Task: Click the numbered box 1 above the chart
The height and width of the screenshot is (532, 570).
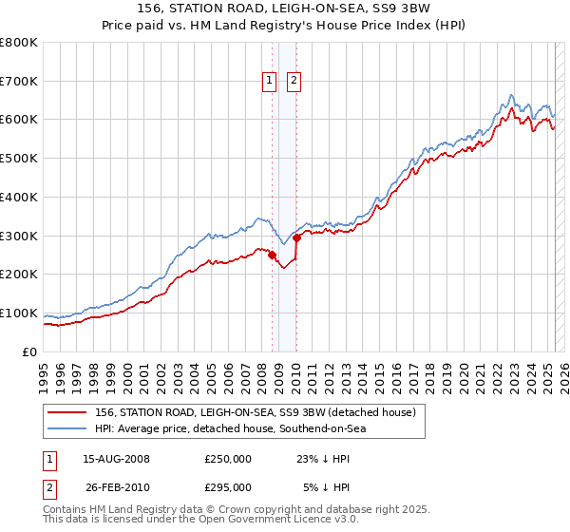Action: point(271,82)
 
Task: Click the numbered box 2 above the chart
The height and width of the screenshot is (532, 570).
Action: point(294,82)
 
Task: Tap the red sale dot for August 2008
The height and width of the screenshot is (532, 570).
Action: point(272,255)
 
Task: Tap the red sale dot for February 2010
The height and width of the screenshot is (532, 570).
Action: point(296,237)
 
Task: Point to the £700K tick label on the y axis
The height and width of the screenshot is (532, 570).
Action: point(19,82)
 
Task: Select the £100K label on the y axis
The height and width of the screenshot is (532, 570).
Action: point(19,313)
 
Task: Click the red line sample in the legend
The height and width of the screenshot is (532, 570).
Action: point(67,413)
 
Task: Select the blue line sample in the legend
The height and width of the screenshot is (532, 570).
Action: point(67,429)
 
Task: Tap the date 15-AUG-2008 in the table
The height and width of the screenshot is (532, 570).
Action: point(116,459)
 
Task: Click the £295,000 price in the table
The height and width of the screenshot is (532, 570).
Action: point(228,487)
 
